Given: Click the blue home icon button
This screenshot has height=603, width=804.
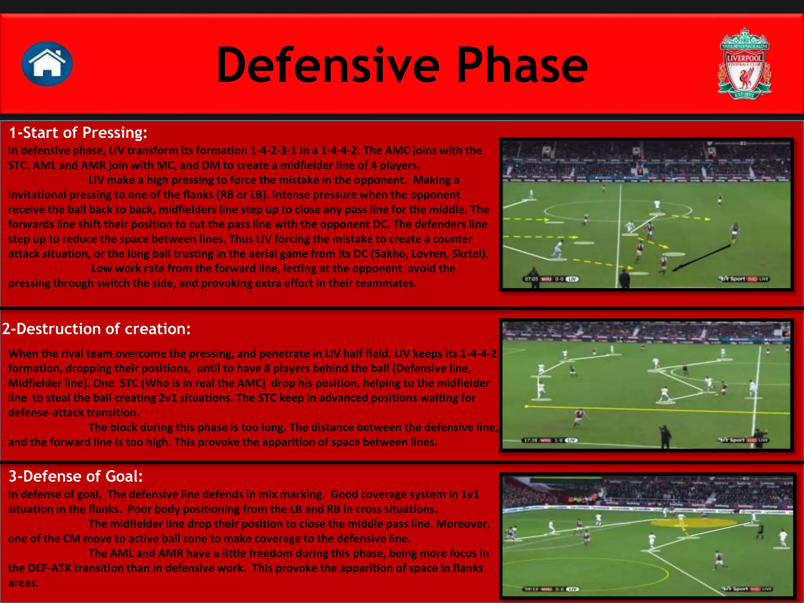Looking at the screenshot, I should tap(47, 64).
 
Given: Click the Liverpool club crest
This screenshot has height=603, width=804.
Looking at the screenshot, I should tap(744, 64).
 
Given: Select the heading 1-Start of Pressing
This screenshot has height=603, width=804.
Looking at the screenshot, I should tap(78, 133).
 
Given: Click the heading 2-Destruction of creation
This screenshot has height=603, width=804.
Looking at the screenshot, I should tap(96, 329).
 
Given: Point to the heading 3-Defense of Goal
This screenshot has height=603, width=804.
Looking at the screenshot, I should tap(76, 476).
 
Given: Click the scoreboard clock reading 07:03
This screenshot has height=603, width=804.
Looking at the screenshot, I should tap(531, 279).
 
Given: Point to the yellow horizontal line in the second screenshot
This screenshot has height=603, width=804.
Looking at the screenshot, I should tap(656, 410).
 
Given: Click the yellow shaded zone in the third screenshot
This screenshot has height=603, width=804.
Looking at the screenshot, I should tap(693, 523).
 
